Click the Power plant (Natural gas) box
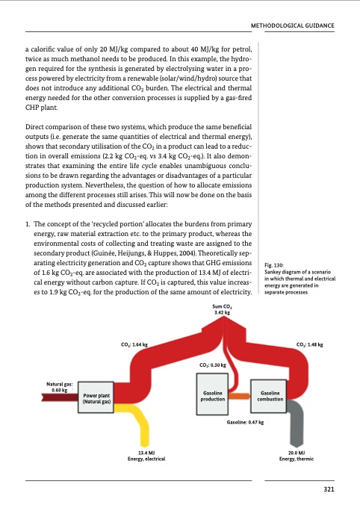[97, 398]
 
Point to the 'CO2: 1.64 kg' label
[134, 344]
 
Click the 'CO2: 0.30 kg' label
[214, 365]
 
